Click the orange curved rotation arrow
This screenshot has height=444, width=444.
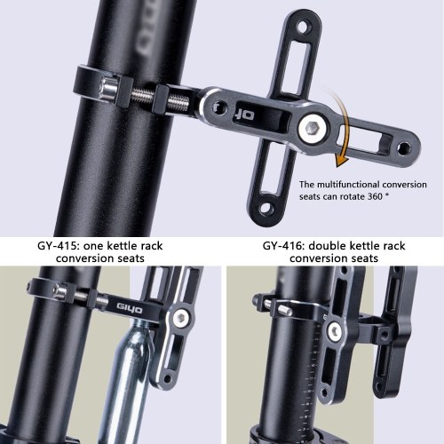point(345,124)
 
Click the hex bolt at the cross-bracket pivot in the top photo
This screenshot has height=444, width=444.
point(313,129)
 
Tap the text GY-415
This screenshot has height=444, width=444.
point(58,246)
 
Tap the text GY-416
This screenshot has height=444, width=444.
point(283,246)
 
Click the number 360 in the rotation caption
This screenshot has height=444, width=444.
point(375,196)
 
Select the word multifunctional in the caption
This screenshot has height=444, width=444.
point(348,185)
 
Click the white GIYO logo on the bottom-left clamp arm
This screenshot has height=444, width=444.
point(129,309)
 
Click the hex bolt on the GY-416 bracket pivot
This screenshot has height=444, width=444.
point(335,329)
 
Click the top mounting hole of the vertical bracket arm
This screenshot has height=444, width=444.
point(303,28)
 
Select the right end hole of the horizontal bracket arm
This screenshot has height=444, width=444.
point(404,148)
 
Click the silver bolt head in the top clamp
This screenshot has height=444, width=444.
point(108,91)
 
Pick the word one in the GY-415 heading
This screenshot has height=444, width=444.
point(93,247)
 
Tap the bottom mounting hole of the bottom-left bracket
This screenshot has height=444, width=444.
point(167,378)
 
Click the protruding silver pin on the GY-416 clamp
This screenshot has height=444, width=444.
point(285,311)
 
